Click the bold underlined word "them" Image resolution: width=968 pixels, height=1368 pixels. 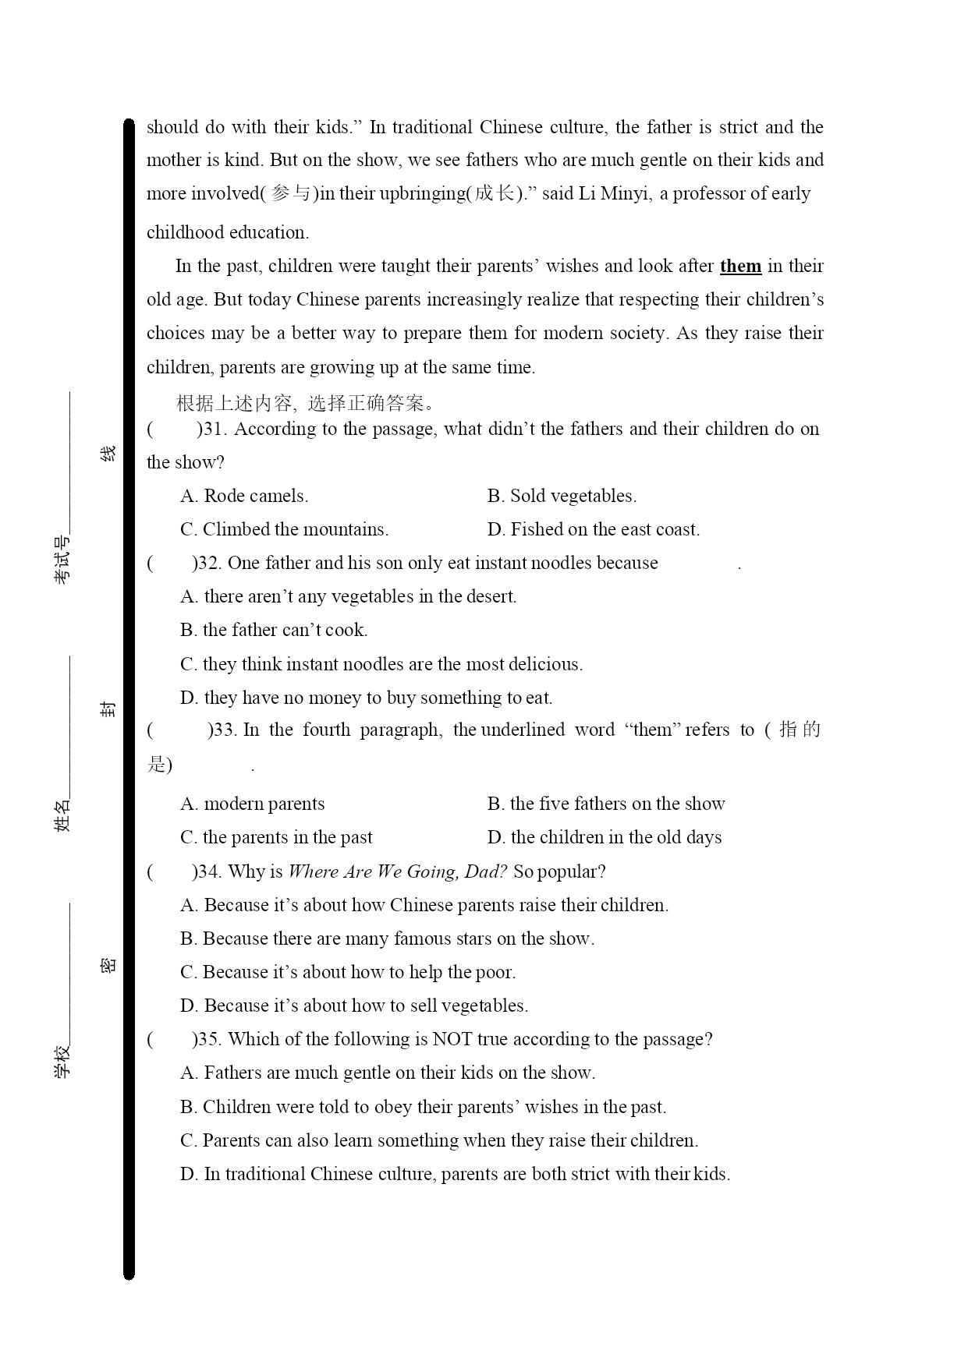(x=740, y=267)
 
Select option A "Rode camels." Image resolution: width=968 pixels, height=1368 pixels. (x=244, y=496)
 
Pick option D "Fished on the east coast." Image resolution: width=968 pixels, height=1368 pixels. (x=593, y=529)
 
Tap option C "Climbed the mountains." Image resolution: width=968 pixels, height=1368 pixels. (x=284, y=529)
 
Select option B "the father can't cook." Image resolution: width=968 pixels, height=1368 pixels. (x=274, y=630)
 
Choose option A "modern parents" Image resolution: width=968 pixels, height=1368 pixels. (x=252, y=804)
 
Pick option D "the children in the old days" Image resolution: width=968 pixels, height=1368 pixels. (x=605, y=837)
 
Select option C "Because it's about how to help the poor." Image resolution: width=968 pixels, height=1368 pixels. (x=348, y=972)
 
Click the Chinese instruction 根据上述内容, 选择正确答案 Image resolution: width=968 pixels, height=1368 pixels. (x=306, y=403)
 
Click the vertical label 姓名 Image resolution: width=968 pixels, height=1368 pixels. (x=62, y=815)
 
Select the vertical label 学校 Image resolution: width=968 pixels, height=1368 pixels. (x=62, y=1061)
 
